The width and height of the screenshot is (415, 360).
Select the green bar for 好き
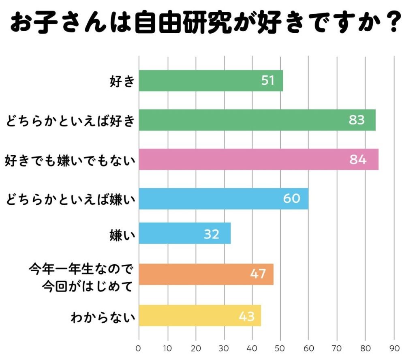(x=211, y=80)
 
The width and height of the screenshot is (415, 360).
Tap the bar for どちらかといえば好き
(x=257, y=120)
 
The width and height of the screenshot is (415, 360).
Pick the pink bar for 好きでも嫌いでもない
(x=259, y=159)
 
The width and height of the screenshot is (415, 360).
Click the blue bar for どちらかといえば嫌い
(x=223, y=199)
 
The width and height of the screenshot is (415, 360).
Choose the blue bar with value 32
(x=184, y=234)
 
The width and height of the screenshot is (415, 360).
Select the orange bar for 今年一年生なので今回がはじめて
(x=206, y=274)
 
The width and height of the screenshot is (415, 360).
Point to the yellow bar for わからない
(x=200, y=315)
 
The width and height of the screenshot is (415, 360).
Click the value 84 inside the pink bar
(x=358, y=160)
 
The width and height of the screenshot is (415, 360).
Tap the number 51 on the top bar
(x=268, y=80)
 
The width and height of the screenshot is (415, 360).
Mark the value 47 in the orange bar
(x=258, y=274)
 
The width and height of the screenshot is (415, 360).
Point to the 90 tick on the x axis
(x=394, y=348)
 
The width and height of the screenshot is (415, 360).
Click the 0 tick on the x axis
(x=139, y=348)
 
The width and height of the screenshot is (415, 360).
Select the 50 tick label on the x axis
(x=280, y=348)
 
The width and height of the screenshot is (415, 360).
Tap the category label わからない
(x=102, y=316)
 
